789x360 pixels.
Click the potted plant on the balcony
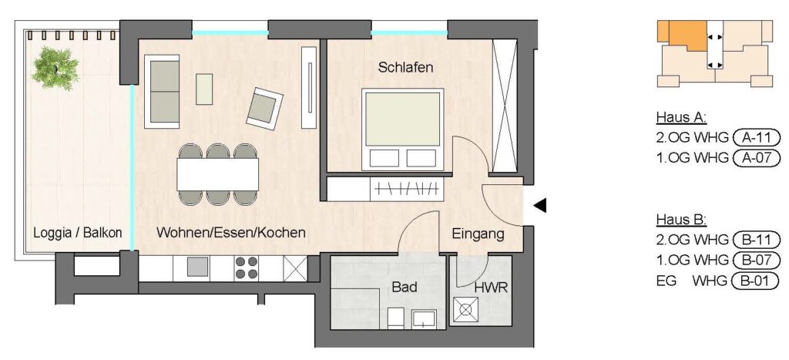(55, 68)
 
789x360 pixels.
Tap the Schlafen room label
(405, 68)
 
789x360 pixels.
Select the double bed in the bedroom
(402, 130)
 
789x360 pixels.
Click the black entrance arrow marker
(539, 205)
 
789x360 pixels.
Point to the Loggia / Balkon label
(78, 233)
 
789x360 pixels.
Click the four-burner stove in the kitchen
(246, 267)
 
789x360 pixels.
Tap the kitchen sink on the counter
(198, 267)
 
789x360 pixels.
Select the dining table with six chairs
(218, 174)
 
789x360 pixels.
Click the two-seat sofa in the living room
(162, 92)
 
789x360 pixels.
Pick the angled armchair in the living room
(264, 108)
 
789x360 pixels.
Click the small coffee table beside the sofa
(203, 89)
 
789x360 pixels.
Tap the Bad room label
(405, 287)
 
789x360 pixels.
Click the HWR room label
(491, 288)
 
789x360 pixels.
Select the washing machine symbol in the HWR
(465, 310)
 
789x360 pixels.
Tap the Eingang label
(478, 234)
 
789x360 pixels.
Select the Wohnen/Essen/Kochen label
(231, 233)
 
